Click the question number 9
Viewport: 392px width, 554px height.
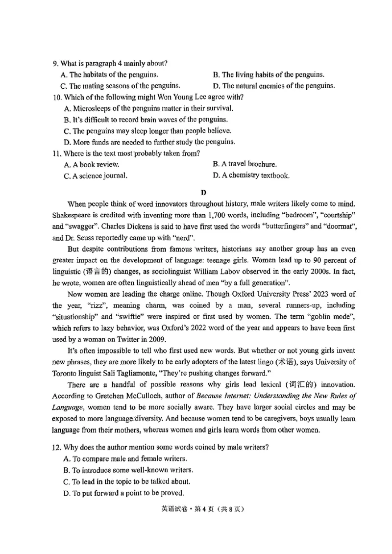pos(55,63)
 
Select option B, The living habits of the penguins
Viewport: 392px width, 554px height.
pos(269,75)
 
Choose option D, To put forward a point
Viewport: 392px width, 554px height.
pos(124,493)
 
